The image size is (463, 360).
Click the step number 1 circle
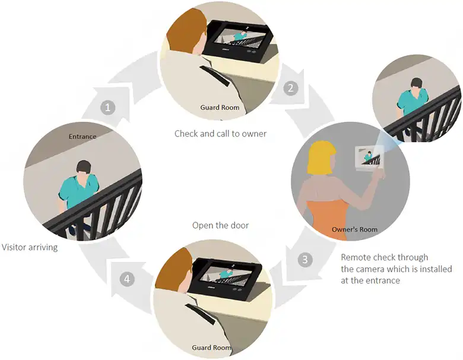click(107, 108)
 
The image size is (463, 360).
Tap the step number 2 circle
click(290, 89)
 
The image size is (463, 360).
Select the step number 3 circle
click(305, 260)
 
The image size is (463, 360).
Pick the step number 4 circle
click(125, 278)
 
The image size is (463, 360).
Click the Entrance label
click(83, 137)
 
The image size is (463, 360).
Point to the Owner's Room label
click(355, 229)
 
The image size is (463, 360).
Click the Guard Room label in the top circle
click(220, 108)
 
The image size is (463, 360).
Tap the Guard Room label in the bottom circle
click(212, 348)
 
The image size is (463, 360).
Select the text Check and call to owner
click(220, 134)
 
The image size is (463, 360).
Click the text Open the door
click(220, 226)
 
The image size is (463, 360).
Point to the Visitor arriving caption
click(30, 247)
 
